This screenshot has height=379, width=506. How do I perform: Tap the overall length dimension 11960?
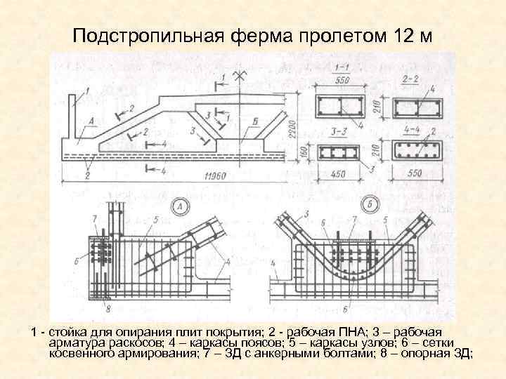pyautogui.click(x=211, y=175)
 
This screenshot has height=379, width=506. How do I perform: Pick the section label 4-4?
pyautogui.click(x=414, y=131)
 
